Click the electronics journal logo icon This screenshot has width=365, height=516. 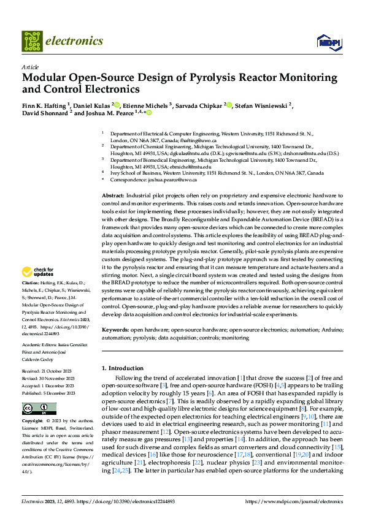[x=33, y=41]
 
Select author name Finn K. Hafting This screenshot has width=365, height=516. [x=45, y=105]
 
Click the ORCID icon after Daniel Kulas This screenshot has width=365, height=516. [x=117, y=105]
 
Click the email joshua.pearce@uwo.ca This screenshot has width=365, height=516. [x=175, y=180]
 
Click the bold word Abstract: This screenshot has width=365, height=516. [x=113, y=194]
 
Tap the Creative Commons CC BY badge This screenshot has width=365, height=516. [x=39, y=409]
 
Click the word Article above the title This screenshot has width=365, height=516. [x=30, y=67]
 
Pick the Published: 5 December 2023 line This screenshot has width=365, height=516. [x=49, y=394]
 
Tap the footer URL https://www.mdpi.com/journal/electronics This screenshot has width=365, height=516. [x=294, y=501]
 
